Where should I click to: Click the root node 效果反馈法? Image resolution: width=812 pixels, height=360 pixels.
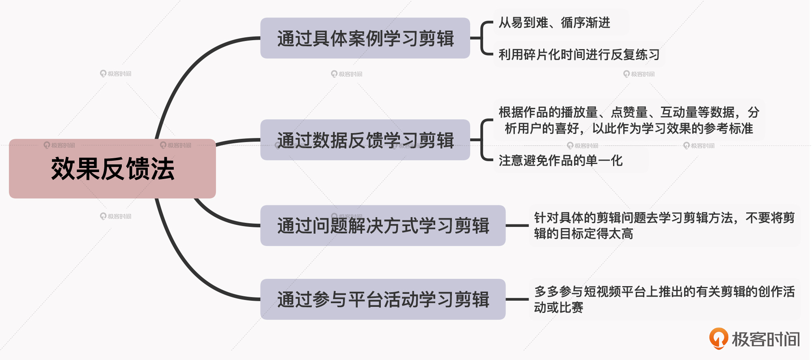(x=112, y=169)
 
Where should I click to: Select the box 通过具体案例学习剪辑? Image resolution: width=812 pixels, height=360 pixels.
(x=365, y=38)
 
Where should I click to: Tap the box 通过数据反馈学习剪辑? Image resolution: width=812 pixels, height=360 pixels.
(x=365, y=140)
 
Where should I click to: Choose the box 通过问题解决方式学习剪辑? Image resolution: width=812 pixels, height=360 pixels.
(x=383, y=226)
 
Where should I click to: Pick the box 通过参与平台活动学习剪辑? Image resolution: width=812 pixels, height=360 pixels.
(x=383, y=300)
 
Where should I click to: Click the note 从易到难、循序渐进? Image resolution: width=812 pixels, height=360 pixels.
(x=554, y=23)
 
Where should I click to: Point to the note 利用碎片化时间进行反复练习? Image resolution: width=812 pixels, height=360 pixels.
(x=579, y=54)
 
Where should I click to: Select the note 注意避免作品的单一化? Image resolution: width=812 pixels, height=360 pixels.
(x=560, y=161)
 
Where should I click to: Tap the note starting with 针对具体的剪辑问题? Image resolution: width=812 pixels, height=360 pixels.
(x=664, y=226)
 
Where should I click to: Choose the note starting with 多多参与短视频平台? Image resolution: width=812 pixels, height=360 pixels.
(x=664, y=300)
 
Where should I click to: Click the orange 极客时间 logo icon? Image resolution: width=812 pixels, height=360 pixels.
(x=718, y=338)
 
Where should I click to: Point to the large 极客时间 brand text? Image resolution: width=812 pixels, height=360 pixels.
(x=766, y=339)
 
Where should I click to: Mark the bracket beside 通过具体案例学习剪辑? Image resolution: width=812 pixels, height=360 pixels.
(x=482, y=38)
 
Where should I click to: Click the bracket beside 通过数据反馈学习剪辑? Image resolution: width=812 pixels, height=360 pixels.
(x=482, y=140)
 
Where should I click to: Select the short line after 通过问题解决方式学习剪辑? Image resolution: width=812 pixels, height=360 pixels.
(x=517, y=226)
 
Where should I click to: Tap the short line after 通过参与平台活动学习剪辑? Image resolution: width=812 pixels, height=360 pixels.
(x=517, y=300)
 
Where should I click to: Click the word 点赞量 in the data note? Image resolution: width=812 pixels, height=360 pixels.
(x=629, y=112)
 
